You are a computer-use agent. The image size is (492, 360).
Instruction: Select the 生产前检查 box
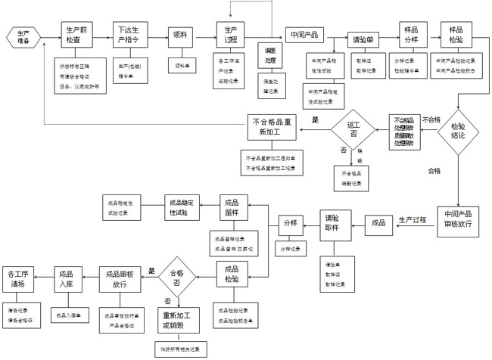(76, 35)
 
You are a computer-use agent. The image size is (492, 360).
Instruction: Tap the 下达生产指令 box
(129, 35)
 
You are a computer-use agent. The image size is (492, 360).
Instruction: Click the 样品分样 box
(413, 35)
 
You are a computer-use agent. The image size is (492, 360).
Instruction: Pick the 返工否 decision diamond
(353, 129)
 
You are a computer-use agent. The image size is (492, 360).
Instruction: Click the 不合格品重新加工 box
(275, 126)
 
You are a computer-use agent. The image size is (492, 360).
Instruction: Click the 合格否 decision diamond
(179, 281)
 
